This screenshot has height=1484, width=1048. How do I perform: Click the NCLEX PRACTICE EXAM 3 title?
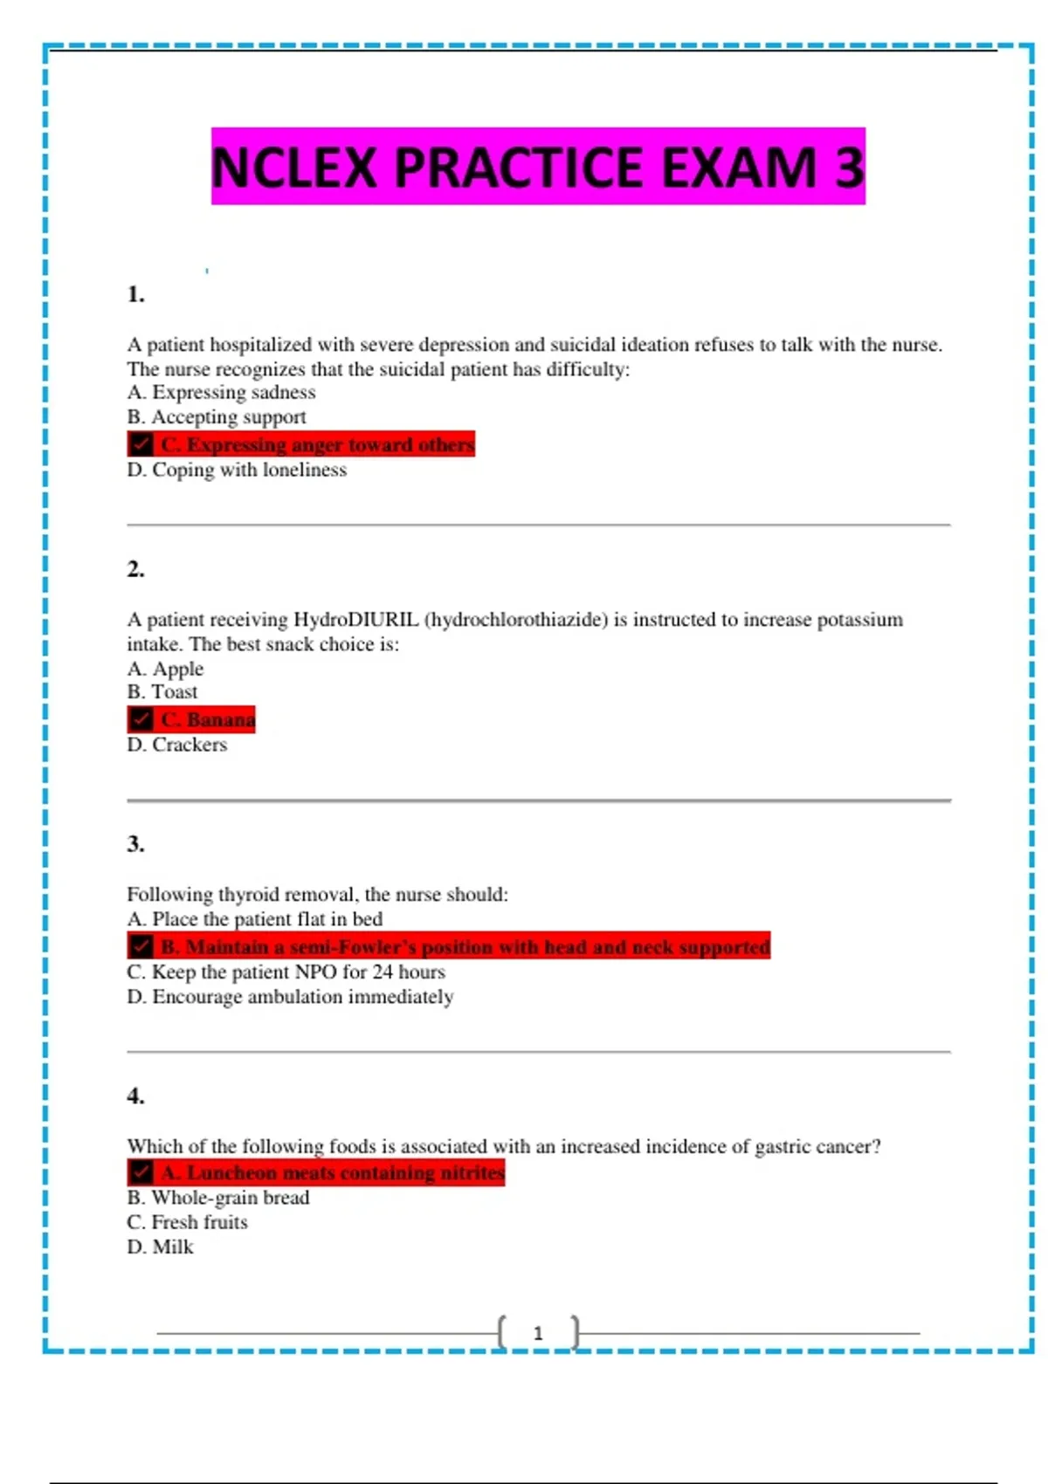pyautogui.click(x=538, y=167)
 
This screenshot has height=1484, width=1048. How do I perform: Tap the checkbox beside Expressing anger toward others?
pyautogui.click(x=141, y=444)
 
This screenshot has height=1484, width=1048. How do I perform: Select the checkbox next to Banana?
pyautogui.click(x=141, y=719)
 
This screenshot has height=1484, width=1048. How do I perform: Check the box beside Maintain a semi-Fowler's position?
pyautogui.click(x=141, y=946)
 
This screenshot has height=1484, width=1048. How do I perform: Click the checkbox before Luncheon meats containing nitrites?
pyautogui.click(x=141, y=1172)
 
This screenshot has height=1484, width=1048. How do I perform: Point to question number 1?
pyautogui.click(x=135, y=294)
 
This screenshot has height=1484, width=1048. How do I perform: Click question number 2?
pyautogui.click(x=135, y=569)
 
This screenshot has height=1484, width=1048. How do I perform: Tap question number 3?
pyautogui.click(x=135, y=844)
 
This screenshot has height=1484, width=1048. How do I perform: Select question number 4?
pyautogui.click(x=135, y=1096)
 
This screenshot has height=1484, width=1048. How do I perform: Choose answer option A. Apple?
pyautogui.click(x=165, y=669)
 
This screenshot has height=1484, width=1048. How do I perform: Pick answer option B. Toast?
pyautogui.click(x=162, y=692)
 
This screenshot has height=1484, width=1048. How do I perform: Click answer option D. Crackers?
pyautogui.click(x=177, y=745)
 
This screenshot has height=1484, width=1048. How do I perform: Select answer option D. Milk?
pyautogui.click(x=160, y=1247)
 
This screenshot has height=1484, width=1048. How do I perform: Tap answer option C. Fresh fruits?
pyautogui.click(x=187, y=1222)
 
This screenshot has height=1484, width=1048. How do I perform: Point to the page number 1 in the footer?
pyautogui.click(x=538, y=1333)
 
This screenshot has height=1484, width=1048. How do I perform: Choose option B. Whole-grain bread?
pyautogui.click(x=218, y=1198)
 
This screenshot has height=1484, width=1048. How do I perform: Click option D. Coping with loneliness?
pyautogui.click(x=237, y=470)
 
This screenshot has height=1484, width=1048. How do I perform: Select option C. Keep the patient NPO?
pyautogui.click(x=286, y=972)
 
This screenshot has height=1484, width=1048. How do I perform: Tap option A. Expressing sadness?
pyautogui.click(x=221, y=393)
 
